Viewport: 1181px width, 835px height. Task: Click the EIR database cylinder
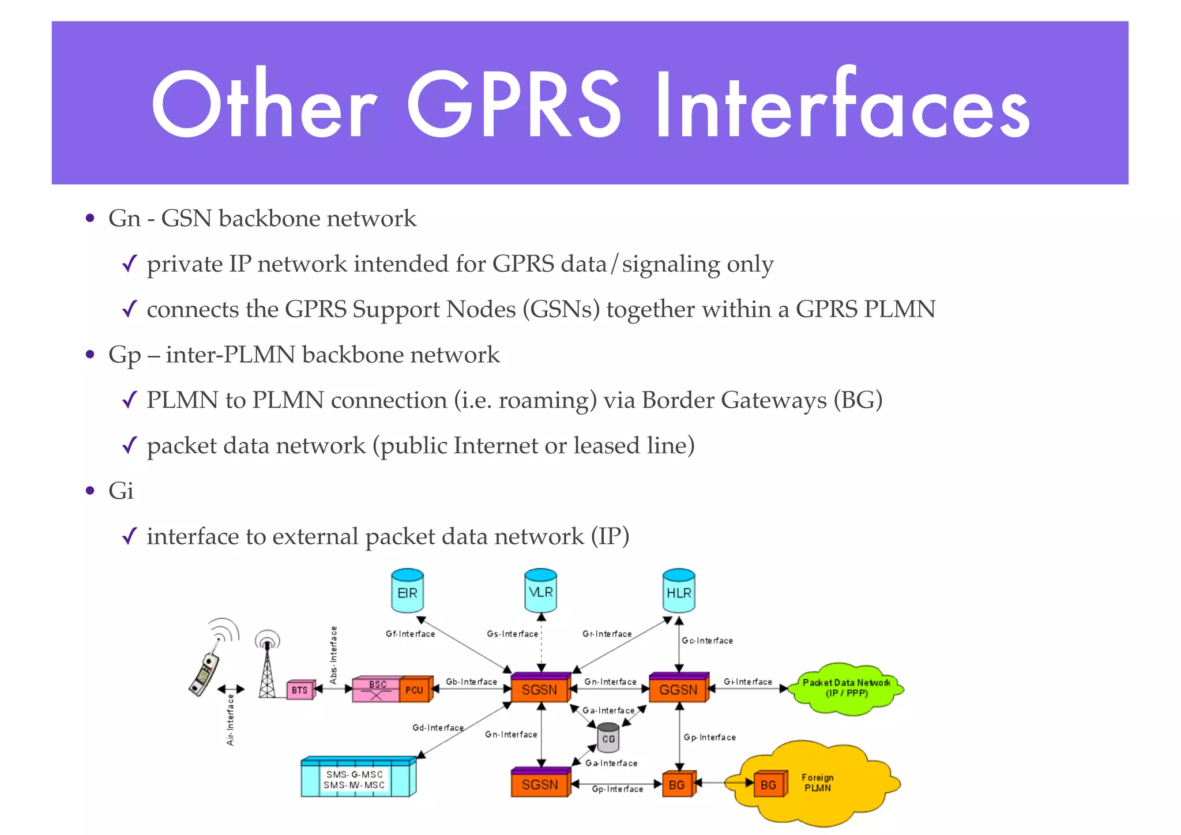click(x=407, y=591)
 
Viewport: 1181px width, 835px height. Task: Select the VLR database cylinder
click(x=540, y=591)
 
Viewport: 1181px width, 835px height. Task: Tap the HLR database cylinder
click(x=679, y=591)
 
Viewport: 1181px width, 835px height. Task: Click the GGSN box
click(x=678, y=689)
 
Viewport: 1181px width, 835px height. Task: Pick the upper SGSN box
click(x=539, y=689)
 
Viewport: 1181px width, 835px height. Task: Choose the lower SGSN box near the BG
click(x=539, y=784)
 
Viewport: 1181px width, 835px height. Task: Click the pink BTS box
click(x=300, y=690)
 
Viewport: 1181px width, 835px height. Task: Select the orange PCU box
click(x=414, y=689)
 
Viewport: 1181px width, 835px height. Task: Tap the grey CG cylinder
click(x=608, y=738)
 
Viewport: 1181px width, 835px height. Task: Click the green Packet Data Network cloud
click(x=846, y=689)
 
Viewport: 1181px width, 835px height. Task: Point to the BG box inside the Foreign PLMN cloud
click(x=768, y=784)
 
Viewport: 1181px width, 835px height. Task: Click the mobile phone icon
click(x=205, y=672)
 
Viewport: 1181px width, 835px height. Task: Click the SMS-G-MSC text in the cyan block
click(x=354, y=774)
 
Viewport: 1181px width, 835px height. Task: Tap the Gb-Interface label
click(x=471, y=682)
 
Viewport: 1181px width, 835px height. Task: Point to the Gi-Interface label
click(x=747, y=682)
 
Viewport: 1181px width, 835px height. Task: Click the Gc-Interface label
click(x=707, y=641)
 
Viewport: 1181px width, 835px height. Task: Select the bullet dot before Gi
click(x=89, y=491)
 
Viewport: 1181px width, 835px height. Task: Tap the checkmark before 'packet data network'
click(x=130, y=445)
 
